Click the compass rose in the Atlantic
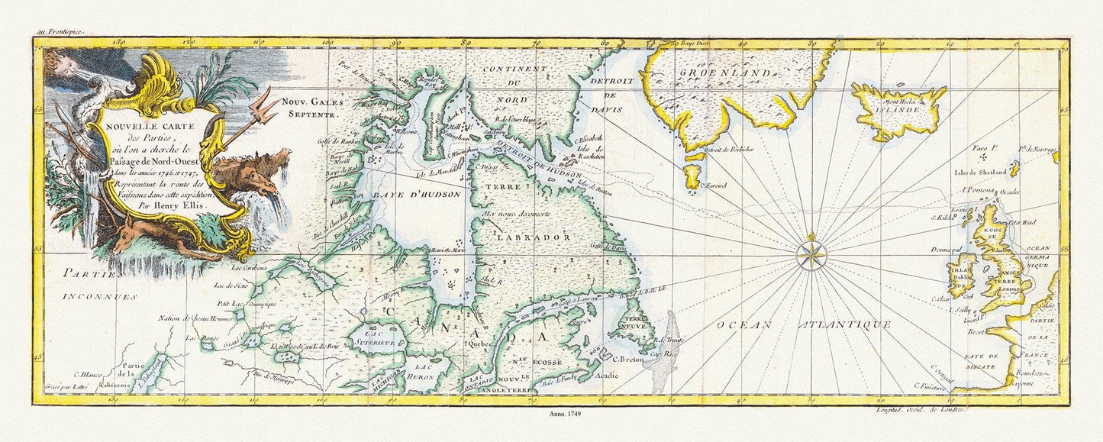(x=812, y=255)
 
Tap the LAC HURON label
(x=424, y=373)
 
